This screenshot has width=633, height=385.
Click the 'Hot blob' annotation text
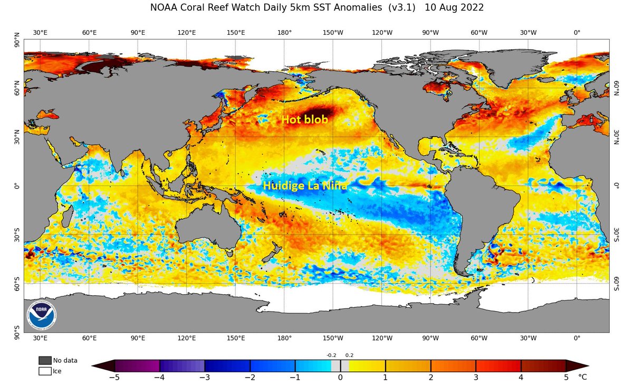pyautogui.click(x=304, y=120)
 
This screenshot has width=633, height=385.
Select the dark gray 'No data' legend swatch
pyautogui.click(x=45, y=360)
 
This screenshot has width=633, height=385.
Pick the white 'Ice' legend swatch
pyautogui.click(x=45, y=371)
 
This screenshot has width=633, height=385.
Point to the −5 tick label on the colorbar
pyautogui.click(x=114, y=377)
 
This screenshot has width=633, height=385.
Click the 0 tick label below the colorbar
pyautogui.click(x=340, y=377)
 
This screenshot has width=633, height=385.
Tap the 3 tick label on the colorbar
pyautogui.click(x=476, y=377)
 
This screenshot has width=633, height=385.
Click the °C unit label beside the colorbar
pyautogui.click(x=582, y=377)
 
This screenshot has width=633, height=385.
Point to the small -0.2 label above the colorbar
pyautogui.click(x=331, y=355)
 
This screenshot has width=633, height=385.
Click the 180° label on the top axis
pyautogui.click(x=284, y=32)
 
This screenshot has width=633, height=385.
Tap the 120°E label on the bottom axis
pyautogui.click(x=187, y=338)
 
